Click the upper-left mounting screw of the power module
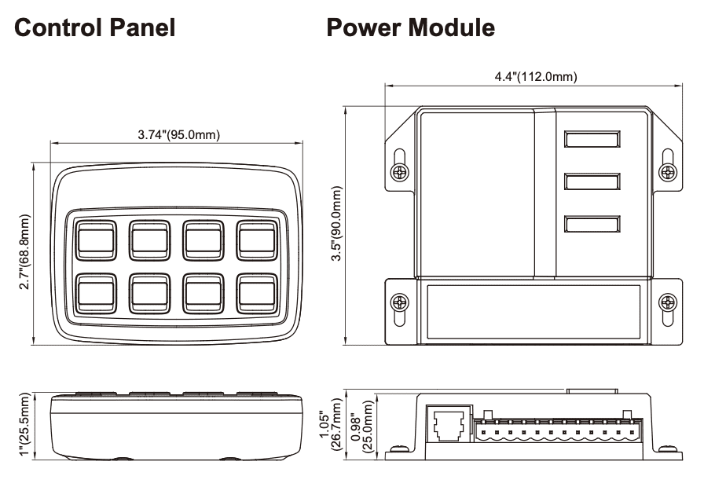click(x=400, y=170)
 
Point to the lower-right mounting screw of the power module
click(x=667, y=301)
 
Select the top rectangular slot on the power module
click(x=591, y=140)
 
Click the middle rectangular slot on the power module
click(x=591, y=182)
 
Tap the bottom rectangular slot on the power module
click(x=591, y=225)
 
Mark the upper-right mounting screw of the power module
click(x=667, y=170)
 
